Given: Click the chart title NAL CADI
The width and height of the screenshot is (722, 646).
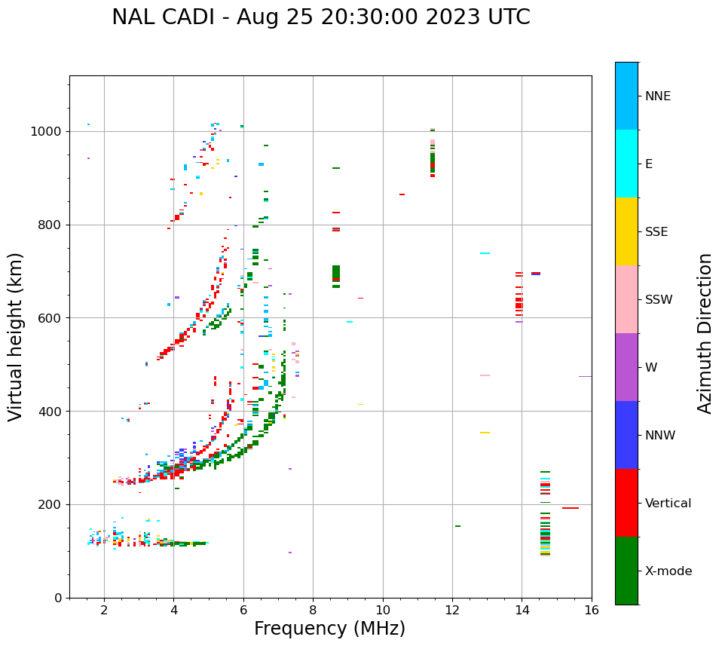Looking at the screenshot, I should [x=320, y=17].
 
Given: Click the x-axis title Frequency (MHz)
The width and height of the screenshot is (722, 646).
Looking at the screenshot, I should [x=329, y=629].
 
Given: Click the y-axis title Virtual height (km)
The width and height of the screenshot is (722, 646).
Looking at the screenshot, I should [x=16, y=336].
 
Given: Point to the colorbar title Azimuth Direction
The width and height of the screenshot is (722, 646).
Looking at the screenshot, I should [x=705, y=333].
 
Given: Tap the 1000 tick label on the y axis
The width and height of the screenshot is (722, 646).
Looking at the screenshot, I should [x=48, y=132].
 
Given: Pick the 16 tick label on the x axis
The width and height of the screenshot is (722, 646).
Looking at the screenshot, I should [x=592, y=610].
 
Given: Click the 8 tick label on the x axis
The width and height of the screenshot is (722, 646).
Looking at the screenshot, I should [x=313, y=610].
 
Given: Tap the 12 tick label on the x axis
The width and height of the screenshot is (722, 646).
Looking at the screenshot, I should [x=452, y=610].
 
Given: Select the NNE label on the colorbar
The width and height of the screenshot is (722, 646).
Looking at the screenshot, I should [x=657, y=96].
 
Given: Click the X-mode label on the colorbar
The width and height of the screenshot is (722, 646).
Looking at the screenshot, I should [x=668, y=571].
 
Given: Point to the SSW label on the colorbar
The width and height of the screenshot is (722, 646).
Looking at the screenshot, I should [x=659, y=300].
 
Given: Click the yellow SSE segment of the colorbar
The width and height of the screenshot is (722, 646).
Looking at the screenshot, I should [x=626, y=231].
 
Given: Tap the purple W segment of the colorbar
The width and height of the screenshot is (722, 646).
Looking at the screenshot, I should [x=626, y=367].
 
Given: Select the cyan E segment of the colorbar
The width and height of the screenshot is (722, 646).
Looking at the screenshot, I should [x=626, y=164].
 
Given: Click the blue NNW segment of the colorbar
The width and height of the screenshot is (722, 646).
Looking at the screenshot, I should [x=626, y=435].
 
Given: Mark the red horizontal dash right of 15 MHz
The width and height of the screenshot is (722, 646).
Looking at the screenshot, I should [x=571, y=508].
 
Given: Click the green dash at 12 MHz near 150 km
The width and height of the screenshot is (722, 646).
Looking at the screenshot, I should [x=457, y=526].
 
